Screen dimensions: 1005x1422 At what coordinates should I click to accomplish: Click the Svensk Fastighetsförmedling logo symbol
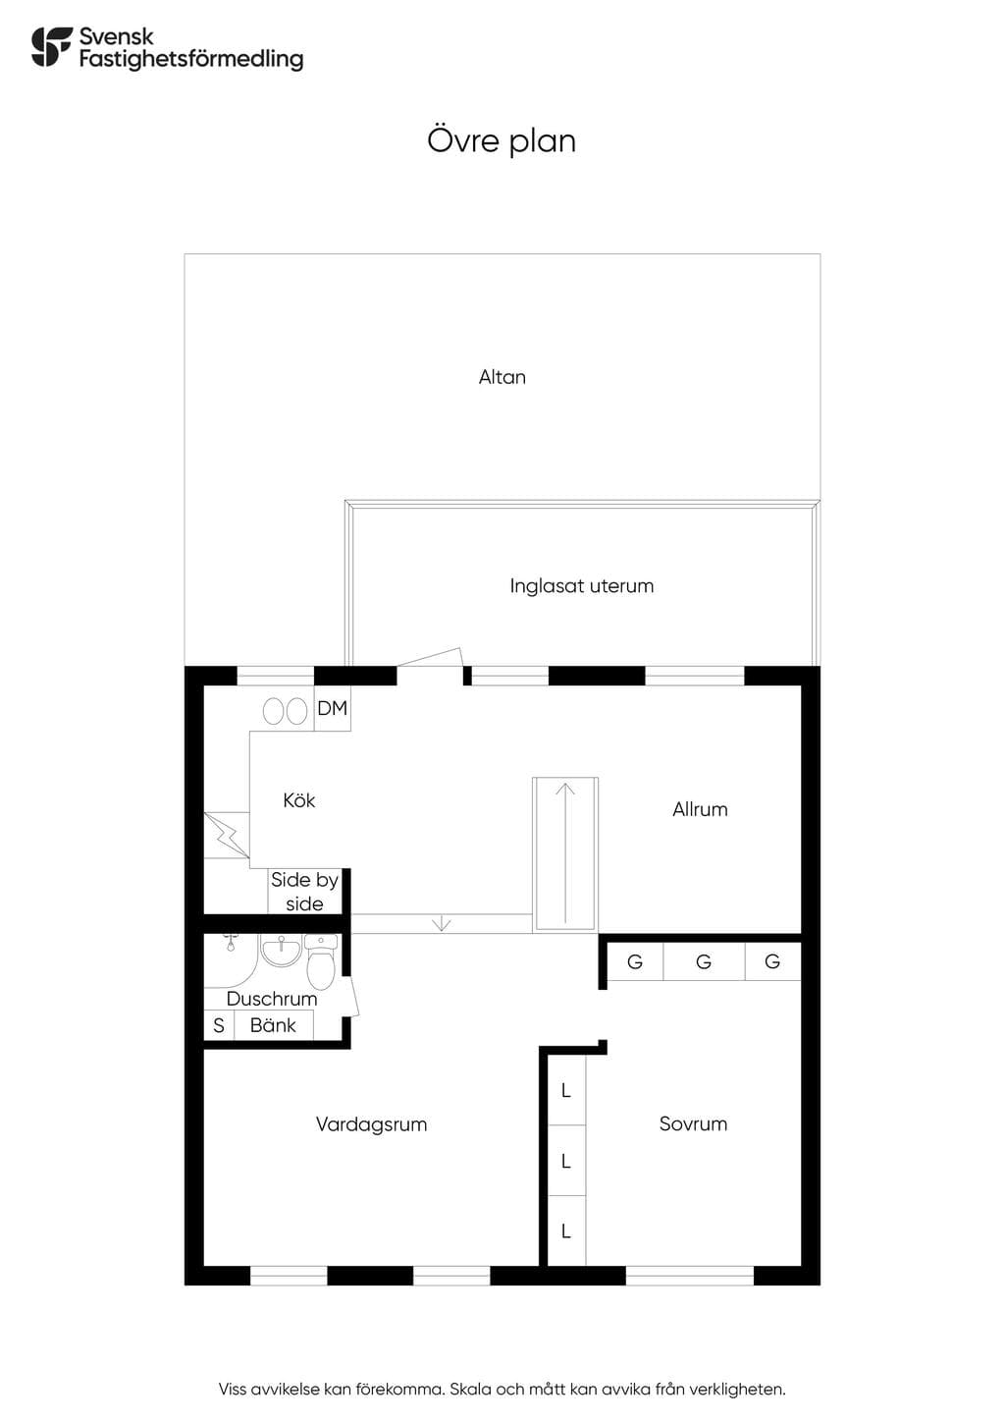click(x=52, y=46)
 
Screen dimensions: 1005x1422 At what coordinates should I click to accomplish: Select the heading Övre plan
click(x=502, y=140)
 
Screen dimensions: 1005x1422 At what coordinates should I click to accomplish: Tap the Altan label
click(x=502, y=377)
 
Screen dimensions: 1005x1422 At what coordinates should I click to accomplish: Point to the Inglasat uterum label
click(x=582, y=585)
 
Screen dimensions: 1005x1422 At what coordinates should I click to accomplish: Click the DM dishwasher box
click(x=333, y=708)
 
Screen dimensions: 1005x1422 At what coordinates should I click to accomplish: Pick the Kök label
click(x=298, y=799)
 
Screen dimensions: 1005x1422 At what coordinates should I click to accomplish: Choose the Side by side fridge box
click(x=304, y=892)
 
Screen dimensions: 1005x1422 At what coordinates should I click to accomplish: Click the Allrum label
click(x=700, y=809)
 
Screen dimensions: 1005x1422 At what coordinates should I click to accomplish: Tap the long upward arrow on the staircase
click(x=564, y=852)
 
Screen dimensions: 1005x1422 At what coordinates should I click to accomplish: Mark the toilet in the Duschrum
click(x=322, y=961)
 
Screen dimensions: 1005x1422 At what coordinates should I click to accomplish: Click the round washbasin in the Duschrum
click(x=281, y=951)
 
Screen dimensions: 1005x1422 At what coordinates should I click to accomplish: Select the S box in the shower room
click(x=219, y=1025)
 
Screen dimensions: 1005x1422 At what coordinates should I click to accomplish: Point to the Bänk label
click(x=273, y=1025)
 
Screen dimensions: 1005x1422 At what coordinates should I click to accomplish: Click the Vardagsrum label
click(x=371, y=1124)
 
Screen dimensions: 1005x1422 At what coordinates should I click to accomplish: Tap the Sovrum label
click(x=693, y=1123)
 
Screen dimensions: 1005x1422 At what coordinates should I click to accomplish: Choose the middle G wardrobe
click(x=704, y=961)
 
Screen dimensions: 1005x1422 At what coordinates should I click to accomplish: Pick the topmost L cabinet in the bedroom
click(x=566, y=1091)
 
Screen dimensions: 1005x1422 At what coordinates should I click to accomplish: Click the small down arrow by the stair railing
click(x=442, y=924)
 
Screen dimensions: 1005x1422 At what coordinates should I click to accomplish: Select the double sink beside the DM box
click(x=286, y=712)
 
